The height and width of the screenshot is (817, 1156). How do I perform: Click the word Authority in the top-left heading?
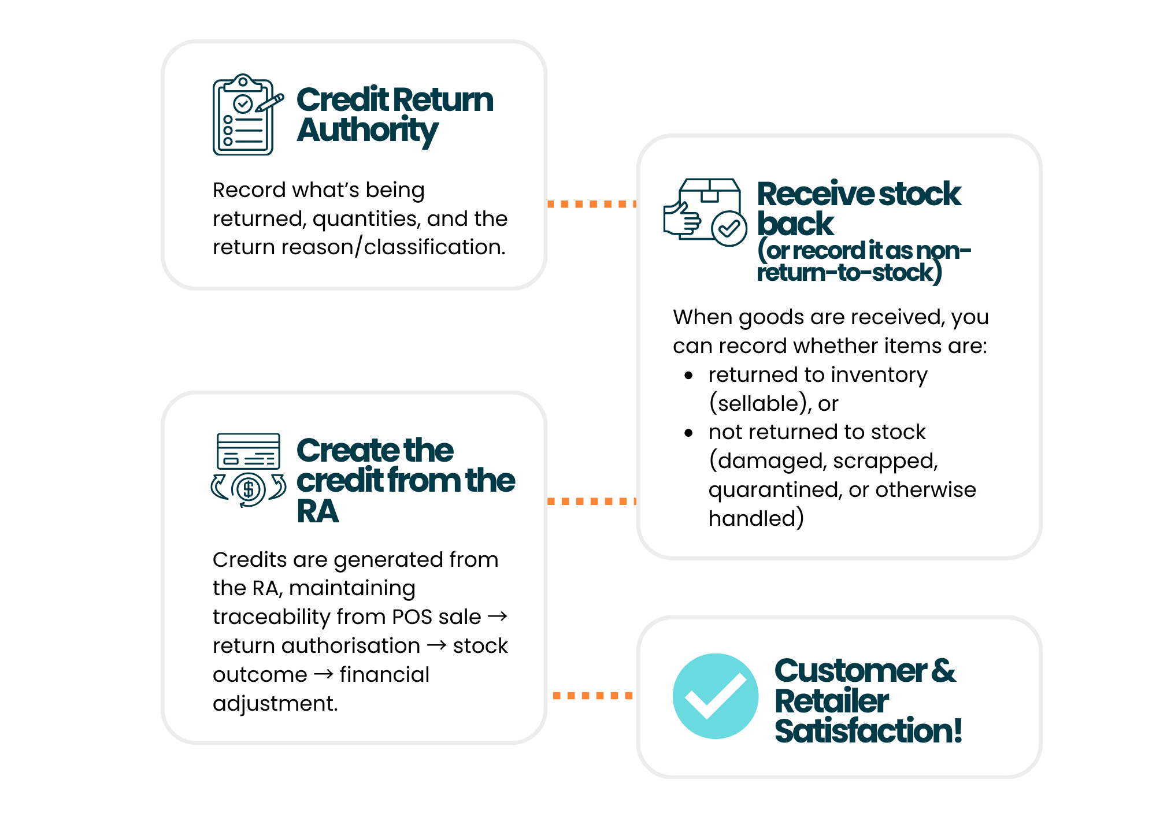pyautogui.click(x=368, y=131)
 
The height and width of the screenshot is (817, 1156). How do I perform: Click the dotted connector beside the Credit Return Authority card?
pyautogui.click(x=591, y=204)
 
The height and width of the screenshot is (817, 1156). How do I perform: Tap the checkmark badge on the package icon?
pyautogui.click(x=728, y=228)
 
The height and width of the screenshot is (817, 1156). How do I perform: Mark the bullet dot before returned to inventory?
pyautogui.click(x=688, y=376)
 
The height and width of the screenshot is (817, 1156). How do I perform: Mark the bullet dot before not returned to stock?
pyautogui.click(x=688, y=433)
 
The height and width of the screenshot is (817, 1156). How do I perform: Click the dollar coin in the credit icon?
pyautogui.click(x=249, y=489)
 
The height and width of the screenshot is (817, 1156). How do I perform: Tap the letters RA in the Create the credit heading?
pyautogui.click(x=317, y=511)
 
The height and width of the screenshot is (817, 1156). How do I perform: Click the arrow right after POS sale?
pyautogui.click(x=498, y=617)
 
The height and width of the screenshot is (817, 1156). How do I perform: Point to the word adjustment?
pyautogui.click(x=275, y=704)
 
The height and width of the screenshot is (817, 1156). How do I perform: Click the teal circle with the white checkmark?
pyautogui.click(x=715, y=696)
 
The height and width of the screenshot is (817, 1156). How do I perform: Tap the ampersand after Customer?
pyautogui.click(x=943, y=671)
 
